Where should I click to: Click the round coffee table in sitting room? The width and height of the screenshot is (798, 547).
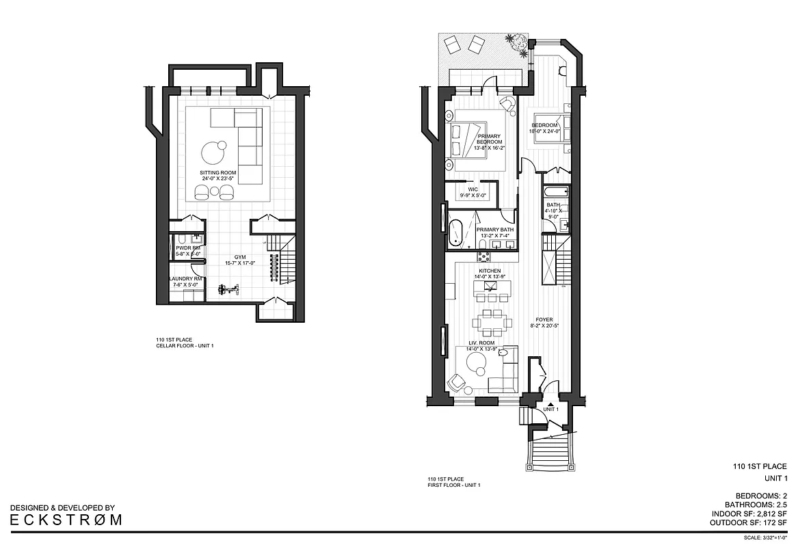pos(213,149)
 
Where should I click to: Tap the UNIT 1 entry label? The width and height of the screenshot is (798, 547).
pos(551,409)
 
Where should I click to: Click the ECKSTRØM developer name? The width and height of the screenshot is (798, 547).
pos(66,519)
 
